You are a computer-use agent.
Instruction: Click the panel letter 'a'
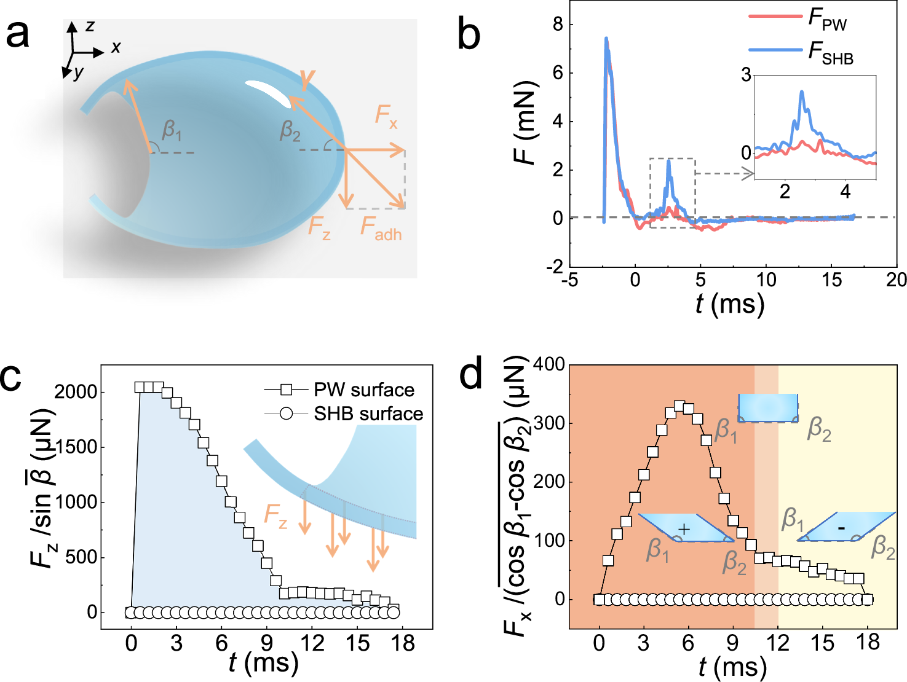[17, 34]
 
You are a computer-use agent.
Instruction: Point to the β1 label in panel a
[172, 130]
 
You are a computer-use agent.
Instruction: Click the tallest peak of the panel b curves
[606, 39]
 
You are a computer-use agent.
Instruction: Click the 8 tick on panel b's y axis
[558, 25]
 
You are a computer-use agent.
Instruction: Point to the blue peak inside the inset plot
[801, 92]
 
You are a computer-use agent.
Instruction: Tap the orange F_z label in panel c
[275, 515]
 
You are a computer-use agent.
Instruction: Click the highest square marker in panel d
[679, 406]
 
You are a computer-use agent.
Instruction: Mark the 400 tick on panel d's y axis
[549, 364]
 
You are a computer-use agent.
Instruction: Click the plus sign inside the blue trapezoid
[684, 529]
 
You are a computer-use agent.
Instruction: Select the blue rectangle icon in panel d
[768, 408]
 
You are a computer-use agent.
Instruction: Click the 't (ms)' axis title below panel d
[732, 667]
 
